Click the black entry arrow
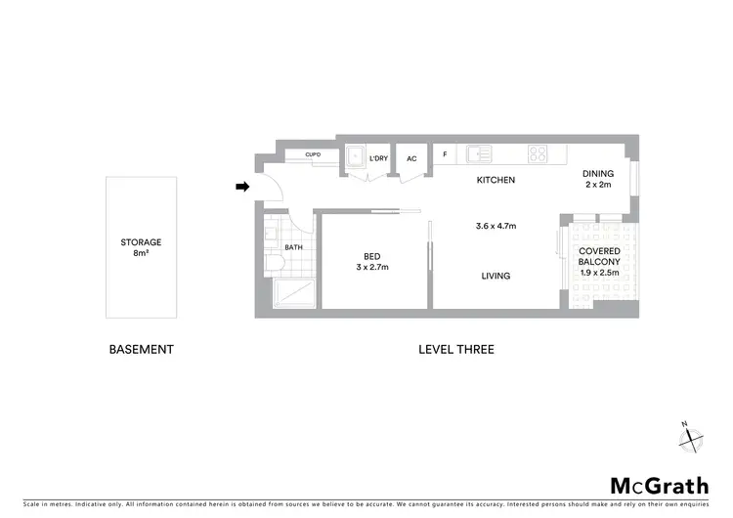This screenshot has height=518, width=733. pos(242,187)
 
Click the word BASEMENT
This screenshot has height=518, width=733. pos(141,349)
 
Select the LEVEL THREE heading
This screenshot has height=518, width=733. pos(455,349)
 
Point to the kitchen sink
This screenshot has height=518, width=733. pos(479,153)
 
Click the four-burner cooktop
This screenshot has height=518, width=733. pos(538,153)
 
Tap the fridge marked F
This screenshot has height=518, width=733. pos(445,154)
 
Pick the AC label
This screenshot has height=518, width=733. pos(411,158)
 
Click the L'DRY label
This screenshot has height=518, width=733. pos(378,158)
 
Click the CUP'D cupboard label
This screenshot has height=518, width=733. pos(313,154)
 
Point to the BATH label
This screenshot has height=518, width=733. pos(293,247)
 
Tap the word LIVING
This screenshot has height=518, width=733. pos(496,276)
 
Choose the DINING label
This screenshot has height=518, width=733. pos(598,173)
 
